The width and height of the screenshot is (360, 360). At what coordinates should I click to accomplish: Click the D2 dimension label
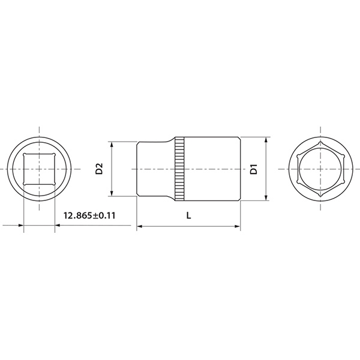pyautogui.click(x=99, y=169)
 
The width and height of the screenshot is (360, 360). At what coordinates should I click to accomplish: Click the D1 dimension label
pyautogui.click(x=254, y=169)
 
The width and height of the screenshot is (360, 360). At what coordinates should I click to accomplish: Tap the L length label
pyautogui.click(x=188, y=215)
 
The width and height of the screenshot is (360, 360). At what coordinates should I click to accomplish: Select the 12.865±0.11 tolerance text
pyautogui.click(x=89, y=215)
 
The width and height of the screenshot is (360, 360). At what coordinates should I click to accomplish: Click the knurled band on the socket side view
pyautogui.click(x=179, y=169)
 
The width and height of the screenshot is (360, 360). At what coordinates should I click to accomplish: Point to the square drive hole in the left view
pyautogui.click(x=39, y=169)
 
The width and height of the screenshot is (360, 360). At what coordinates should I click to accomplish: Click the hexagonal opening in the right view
pyautogui.click(x=321, y=169)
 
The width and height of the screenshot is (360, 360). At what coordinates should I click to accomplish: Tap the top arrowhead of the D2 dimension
pyautogui.click(x=112, y=145)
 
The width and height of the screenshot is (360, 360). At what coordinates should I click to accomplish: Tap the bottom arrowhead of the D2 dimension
pyautogui.click(x=112, y=194)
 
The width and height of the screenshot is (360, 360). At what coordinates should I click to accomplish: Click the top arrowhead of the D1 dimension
pyautogui.click(x=266, y=140)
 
